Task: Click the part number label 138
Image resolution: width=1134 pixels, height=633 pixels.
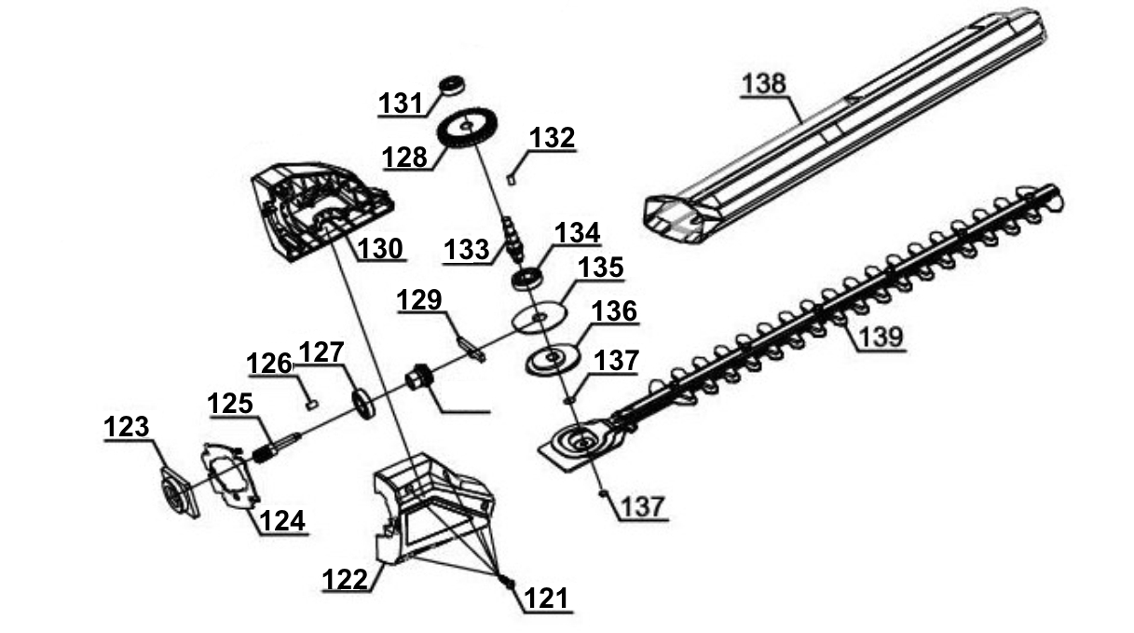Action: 764,83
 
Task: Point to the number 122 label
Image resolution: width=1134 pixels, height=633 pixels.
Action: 346,579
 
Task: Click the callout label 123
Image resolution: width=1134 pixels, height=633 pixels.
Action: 126,428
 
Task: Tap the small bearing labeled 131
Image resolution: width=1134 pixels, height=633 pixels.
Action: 454,84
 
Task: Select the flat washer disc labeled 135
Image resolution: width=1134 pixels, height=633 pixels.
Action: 540,317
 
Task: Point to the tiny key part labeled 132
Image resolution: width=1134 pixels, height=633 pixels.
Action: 512,173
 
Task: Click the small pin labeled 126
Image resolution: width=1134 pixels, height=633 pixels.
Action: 313,404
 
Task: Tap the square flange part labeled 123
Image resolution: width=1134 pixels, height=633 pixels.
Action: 179,489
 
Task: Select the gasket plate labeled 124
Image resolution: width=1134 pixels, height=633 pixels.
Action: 229,473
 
